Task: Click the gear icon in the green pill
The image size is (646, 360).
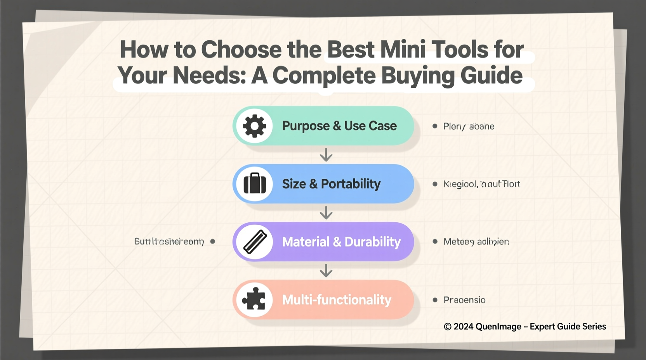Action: [x=255, y=126]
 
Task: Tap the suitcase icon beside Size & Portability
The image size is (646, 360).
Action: [x=255, y=183]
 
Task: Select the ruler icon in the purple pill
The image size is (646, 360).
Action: [x=255, y=242]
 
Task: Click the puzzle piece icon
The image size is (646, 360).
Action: [x=254, y=299]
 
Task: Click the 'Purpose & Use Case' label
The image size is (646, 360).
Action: [x=339, y=126]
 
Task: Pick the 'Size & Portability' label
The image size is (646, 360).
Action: [x=331, y=184]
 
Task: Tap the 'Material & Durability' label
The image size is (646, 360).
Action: [x=341, y=242]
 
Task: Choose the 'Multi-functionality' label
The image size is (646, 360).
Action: [x=337, y=300]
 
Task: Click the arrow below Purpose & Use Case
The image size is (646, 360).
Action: [x=326, y=155]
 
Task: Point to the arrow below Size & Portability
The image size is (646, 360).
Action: [x=326, y=213]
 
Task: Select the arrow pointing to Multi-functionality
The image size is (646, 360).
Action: [x=326, y=270]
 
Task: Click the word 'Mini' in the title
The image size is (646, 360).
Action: [x=402, y=50]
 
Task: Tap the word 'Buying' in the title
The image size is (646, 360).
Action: [x=418, y=76]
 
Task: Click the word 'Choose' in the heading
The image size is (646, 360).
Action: [x=241, y=50]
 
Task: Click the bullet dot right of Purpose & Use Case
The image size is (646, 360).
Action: [x=435, y=126]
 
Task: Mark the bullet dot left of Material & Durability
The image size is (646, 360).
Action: [x=213, y=241]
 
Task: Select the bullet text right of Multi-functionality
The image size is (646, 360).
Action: [x=464, y=300]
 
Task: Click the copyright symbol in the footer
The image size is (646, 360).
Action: [x=448, y=327]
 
